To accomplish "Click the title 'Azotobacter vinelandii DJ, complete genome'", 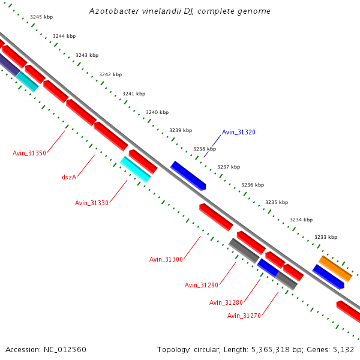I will point(179,11).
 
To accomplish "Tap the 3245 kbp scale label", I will point(41,17).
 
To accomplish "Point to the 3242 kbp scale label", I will point(110,74).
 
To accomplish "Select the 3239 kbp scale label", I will point(181,130).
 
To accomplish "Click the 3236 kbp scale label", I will point(253,185).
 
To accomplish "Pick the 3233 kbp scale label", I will point(326,237).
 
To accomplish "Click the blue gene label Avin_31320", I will point(238,132).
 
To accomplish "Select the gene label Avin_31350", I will point(29,153).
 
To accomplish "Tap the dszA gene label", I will point(69,177).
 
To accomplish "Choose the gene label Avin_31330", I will point(92,203).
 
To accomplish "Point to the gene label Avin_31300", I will point(166,259).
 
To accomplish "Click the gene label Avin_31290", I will point(202,285).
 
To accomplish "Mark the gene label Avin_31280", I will point(226,302).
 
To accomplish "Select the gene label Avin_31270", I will point(244,316).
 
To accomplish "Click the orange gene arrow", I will point(335,268).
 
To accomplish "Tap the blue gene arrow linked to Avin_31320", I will point(188,175).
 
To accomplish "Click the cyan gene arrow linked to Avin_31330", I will point(135,169).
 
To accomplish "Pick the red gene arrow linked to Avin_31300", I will point(216,217).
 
